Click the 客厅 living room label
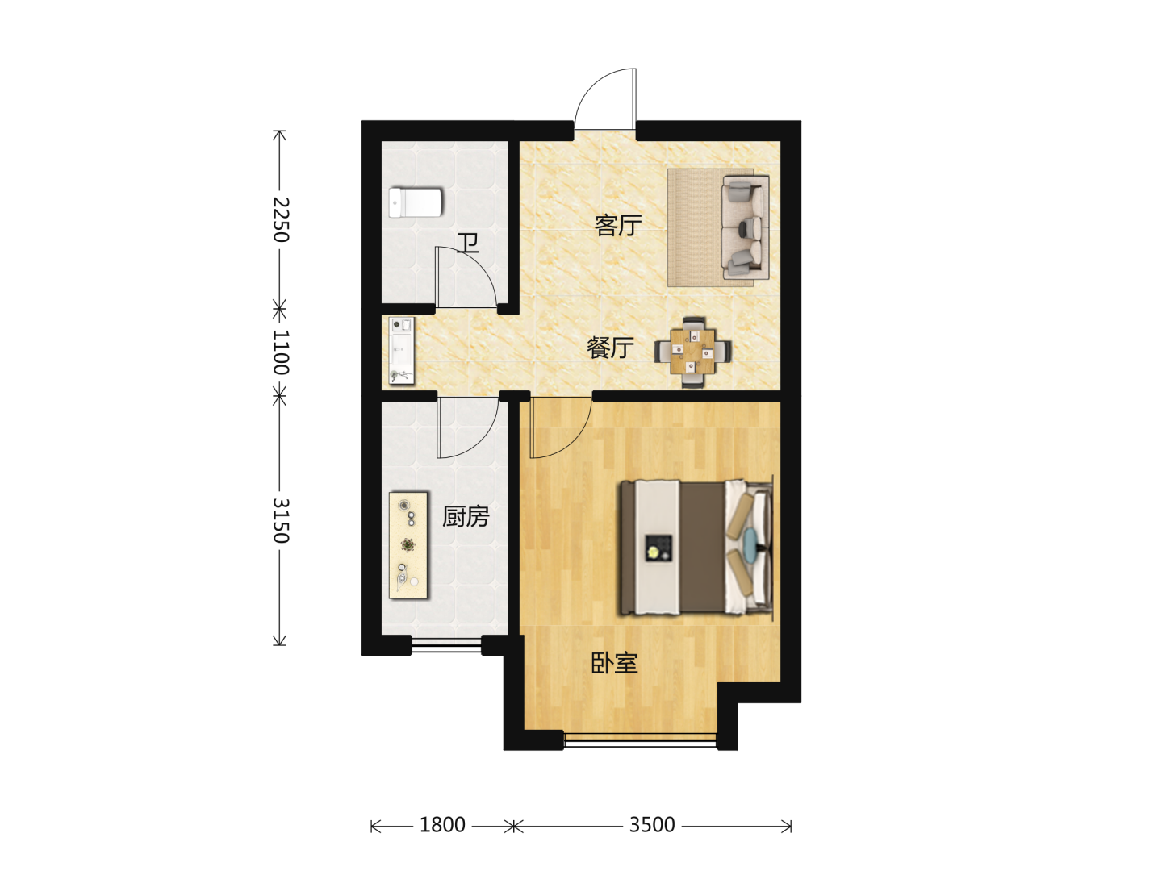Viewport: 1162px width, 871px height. click(618, 226)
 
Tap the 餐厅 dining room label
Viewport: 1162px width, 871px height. click(610, 348)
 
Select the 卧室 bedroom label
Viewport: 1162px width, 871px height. click(614, 663)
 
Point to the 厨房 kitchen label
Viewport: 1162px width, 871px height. click(466, 517)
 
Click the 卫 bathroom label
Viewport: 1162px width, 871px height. click(468, 244)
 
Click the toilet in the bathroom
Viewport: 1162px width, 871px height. click(416, 202)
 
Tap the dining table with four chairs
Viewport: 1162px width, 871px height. click(693, 352)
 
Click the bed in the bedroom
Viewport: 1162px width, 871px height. click(696, 548)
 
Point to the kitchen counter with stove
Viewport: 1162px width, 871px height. click(408, 545)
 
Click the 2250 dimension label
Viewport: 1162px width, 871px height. click(281, 219)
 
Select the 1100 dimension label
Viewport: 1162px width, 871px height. click(281, 352)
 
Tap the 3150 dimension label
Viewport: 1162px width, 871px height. click(281, 521)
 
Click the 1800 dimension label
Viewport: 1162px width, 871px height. click(442, 824)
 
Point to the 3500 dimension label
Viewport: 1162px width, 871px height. click(652, 824)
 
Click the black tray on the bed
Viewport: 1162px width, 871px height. click(658, 548)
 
